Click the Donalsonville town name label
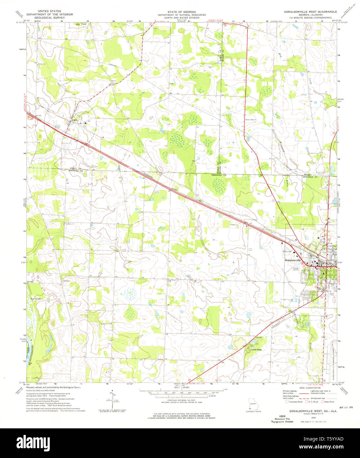(x=293, y=260)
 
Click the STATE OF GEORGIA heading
(x=181, y=12)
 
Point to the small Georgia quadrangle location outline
(x=253, y=405)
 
